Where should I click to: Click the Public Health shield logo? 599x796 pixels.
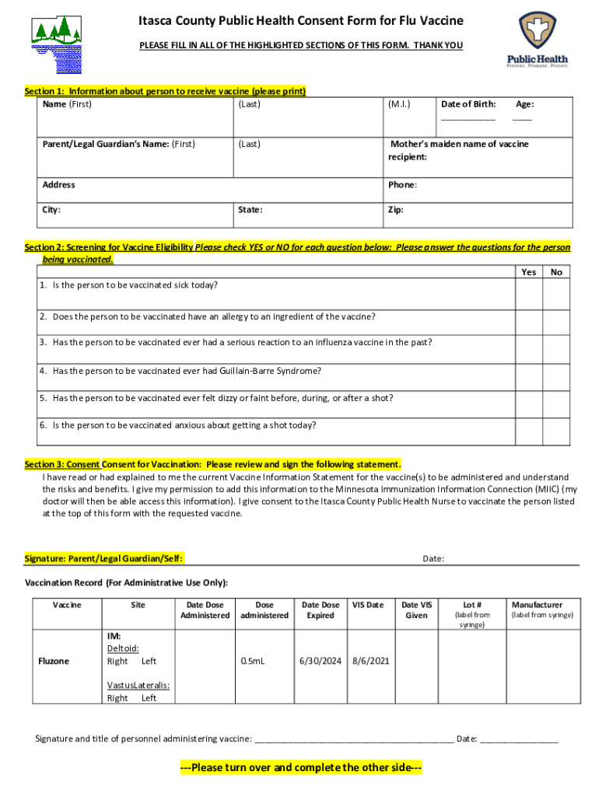pyautogui.click(x=538, y=33)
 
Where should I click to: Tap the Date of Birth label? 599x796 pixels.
pyautogui.click(x=468, y=104)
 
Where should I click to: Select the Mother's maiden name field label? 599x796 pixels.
pyautogui.click(x=458, y=150)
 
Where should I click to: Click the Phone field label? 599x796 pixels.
pyautogui.click(x=402, y=185)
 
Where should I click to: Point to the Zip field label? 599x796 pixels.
pyautogui.click(x=395, y=210)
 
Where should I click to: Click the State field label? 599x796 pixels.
pyautogui.click(x=250, y=210)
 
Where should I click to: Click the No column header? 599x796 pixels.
pyautogui.click(x=555, y=272)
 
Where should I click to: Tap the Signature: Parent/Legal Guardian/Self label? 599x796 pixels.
pyautogui.click(x=104, y=559)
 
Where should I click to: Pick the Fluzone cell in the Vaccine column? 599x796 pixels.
pyautogui.click(x=54, y=662)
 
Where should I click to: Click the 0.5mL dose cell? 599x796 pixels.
pyautogui.click(x=252, y=662)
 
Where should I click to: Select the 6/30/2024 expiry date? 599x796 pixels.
pyautogui.click(x=321, y=662)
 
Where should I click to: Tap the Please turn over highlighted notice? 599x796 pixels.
pyautogui.click(x=300, y=768)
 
